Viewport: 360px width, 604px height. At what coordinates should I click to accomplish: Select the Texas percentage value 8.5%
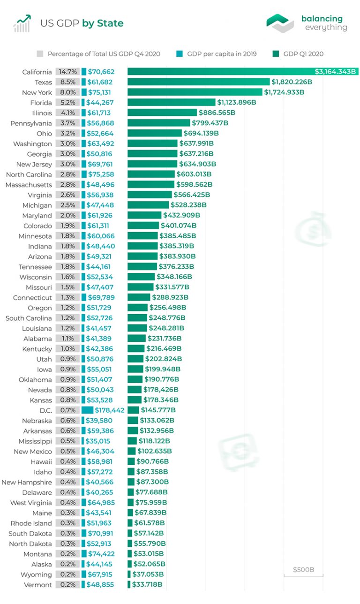[x=67, y=82]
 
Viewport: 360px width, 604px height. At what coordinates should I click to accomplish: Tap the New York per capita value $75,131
[x=100, y=92]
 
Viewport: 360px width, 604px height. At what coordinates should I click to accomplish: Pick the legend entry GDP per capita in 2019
[x=221, y=54]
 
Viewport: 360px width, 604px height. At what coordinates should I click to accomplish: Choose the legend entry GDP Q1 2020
[x=303, y=54]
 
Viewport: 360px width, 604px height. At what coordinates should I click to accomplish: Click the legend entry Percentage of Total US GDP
[x=104, y=54]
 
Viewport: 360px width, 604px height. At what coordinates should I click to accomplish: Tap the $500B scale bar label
[x=303, y=570]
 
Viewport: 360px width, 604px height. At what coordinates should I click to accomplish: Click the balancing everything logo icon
[x=280, y=23]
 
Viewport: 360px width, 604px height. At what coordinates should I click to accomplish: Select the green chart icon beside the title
[x=22, y=23]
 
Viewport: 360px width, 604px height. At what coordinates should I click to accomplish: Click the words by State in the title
[x=103, y=23]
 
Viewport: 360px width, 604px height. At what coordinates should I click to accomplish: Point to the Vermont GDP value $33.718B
[x=147, y=585]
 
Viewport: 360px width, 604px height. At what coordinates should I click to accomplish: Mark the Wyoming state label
[x=36, y=574]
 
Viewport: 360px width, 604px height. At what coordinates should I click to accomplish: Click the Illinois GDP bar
[x=162, y=113]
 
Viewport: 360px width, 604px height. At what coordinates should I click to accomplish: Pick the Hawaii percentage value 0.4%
[x=67, y=461]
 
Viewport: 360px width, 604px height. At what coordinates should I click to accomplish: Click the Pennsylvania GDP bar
[x=158, y=123]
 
